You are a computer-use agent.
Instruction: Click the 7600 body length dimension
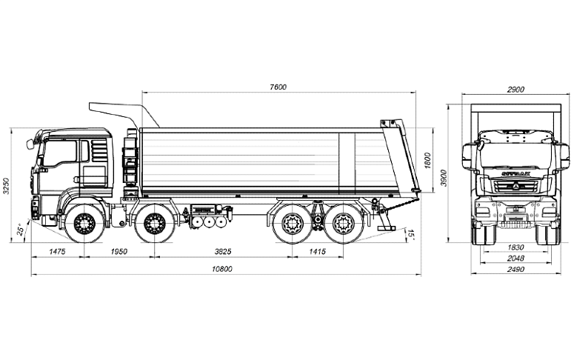[x=278, y=87]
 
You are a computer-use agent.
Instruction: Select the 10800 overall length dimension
[x=222, y=269]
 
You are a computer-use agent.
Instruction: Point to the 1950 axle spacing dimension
[x=119, y=252]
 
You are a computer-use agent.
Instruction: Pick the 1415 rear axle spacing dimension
[x=316, y=252]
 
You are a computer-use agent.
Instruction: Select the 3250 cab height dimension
[x=7, y=186]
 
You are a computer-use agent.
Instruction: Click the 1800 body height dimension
[x=427, y=160]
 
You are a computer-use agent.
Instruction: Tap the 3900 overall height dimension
[x=444, y=178]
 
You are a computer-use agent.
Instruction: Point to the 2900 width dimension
[x=515, y=90]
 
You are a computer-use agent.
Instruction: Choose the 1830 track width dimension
[x=515, y=247]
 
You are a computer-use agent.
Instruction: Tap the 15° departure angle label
[x=412, y=235]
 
